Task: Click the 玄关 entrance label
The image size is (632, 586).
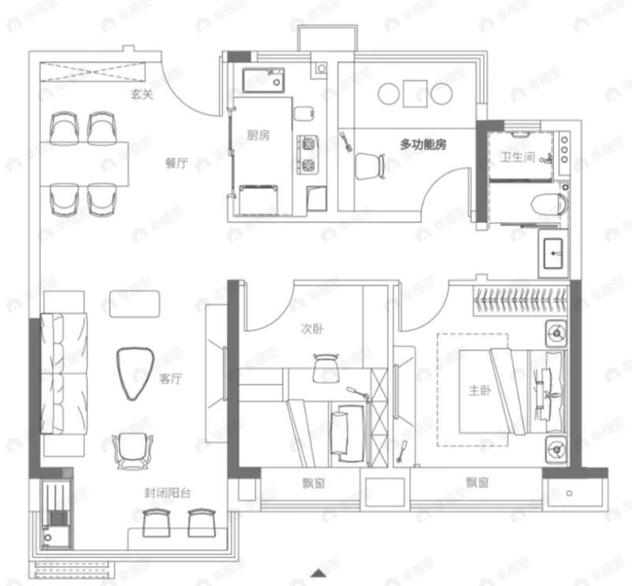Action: pos(142,95)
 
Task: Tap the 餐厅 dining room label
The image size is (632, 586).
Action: pos(177,163)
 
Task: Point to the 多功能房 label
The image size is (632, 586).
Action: pos(423,144)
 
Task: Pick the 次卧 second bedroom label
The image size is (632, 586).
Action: pos(312,329)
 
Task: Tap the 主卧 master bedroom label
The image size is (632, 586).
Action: pos(480,390)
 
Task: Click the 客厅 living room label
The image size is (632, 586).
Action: pos(171,379)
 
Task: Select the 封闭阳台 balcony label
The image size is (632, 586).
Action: pos(167,495)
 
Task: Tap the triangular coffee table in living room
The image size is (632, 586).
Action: pos(134,373)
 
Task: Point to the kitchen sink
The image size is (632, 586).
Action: pos(264,80)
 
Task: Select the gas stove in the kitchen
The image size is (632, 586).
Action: pos(308,154)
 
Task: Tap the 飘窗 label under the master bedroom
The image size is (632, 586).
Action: pos(477,482)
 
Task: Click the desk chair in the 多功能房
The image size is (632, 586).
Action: pos(369,166)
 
